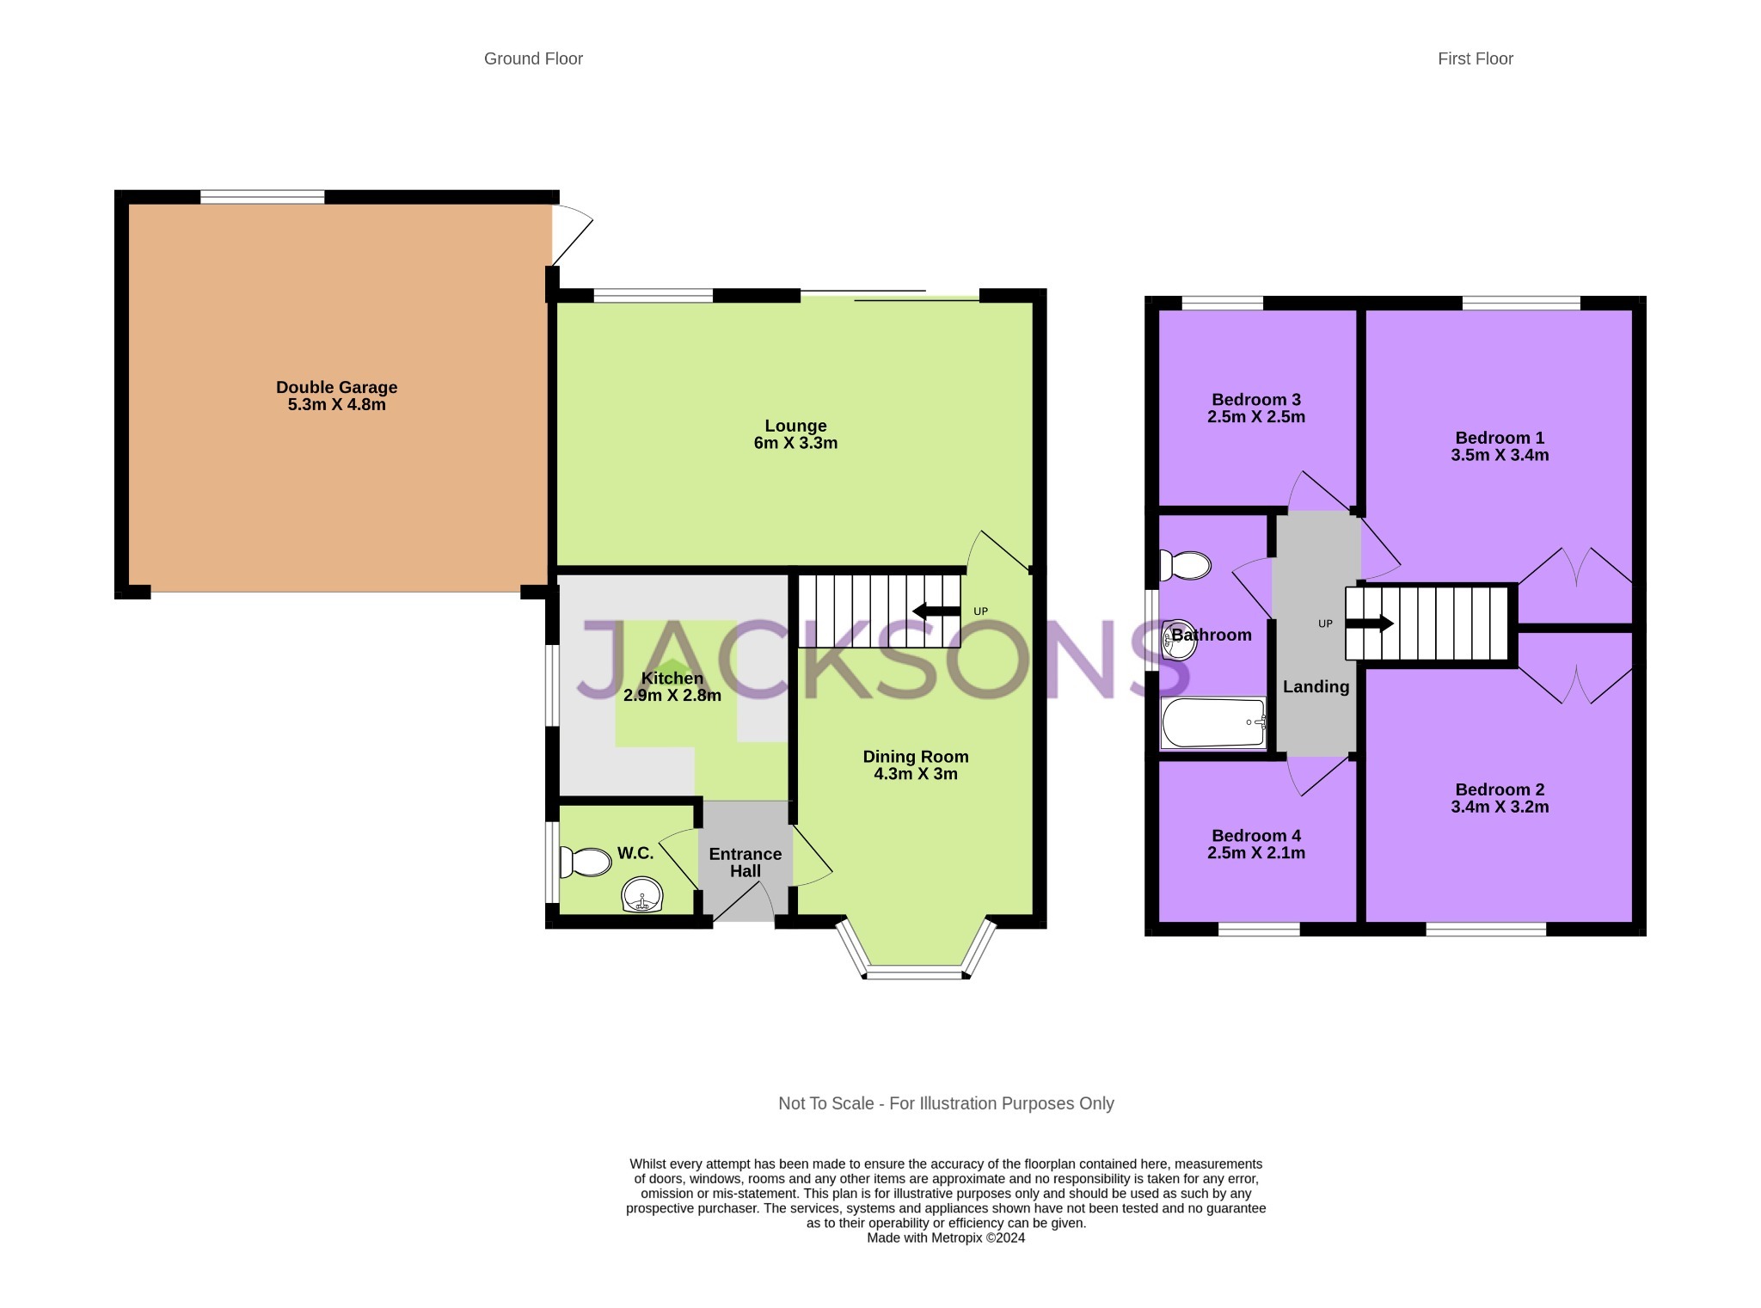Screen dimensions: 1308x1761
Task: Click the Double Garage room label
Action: point(336,387)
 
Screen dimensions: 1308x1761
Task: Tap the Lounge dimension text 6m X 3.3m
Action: point(795,443)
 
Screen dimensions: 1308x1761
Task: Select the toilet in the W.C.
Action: point(586,861)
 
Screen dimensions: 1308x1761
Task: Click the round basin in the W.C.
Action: point(641,895)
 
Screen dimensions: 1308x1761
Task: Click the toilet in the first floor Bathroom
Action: point(1185,565)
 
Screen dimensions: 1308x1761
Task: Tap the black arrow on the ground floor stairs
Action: point(936,611)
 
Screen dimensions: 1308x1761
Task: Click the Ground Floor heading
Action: point(533,58)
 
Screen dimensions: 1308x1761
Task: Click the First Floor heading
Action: point(1475,58)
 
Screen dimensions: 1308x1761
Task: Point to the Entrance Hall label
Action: point(745,862)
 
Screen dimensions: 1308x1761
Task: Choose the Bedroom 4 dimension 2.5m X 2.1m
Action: point(1255,853)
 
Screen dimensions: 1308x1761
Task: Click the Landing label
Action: point(1316,686)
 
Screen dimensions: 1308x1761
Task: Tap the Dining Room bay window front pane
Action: point(916,973)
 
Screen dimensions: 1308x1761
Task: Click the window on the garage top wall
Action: point(262,197)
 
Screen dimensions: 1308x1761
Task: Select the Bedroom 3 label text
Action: point(1255,399)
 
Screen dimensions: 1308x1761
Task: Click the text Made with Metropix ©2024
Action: point(945,1237)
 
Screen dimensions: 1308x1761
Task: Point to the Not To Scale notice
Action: point(945,1103)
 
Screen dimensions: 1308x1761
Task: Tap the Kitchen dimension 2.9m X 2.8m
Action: point(672,695)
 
